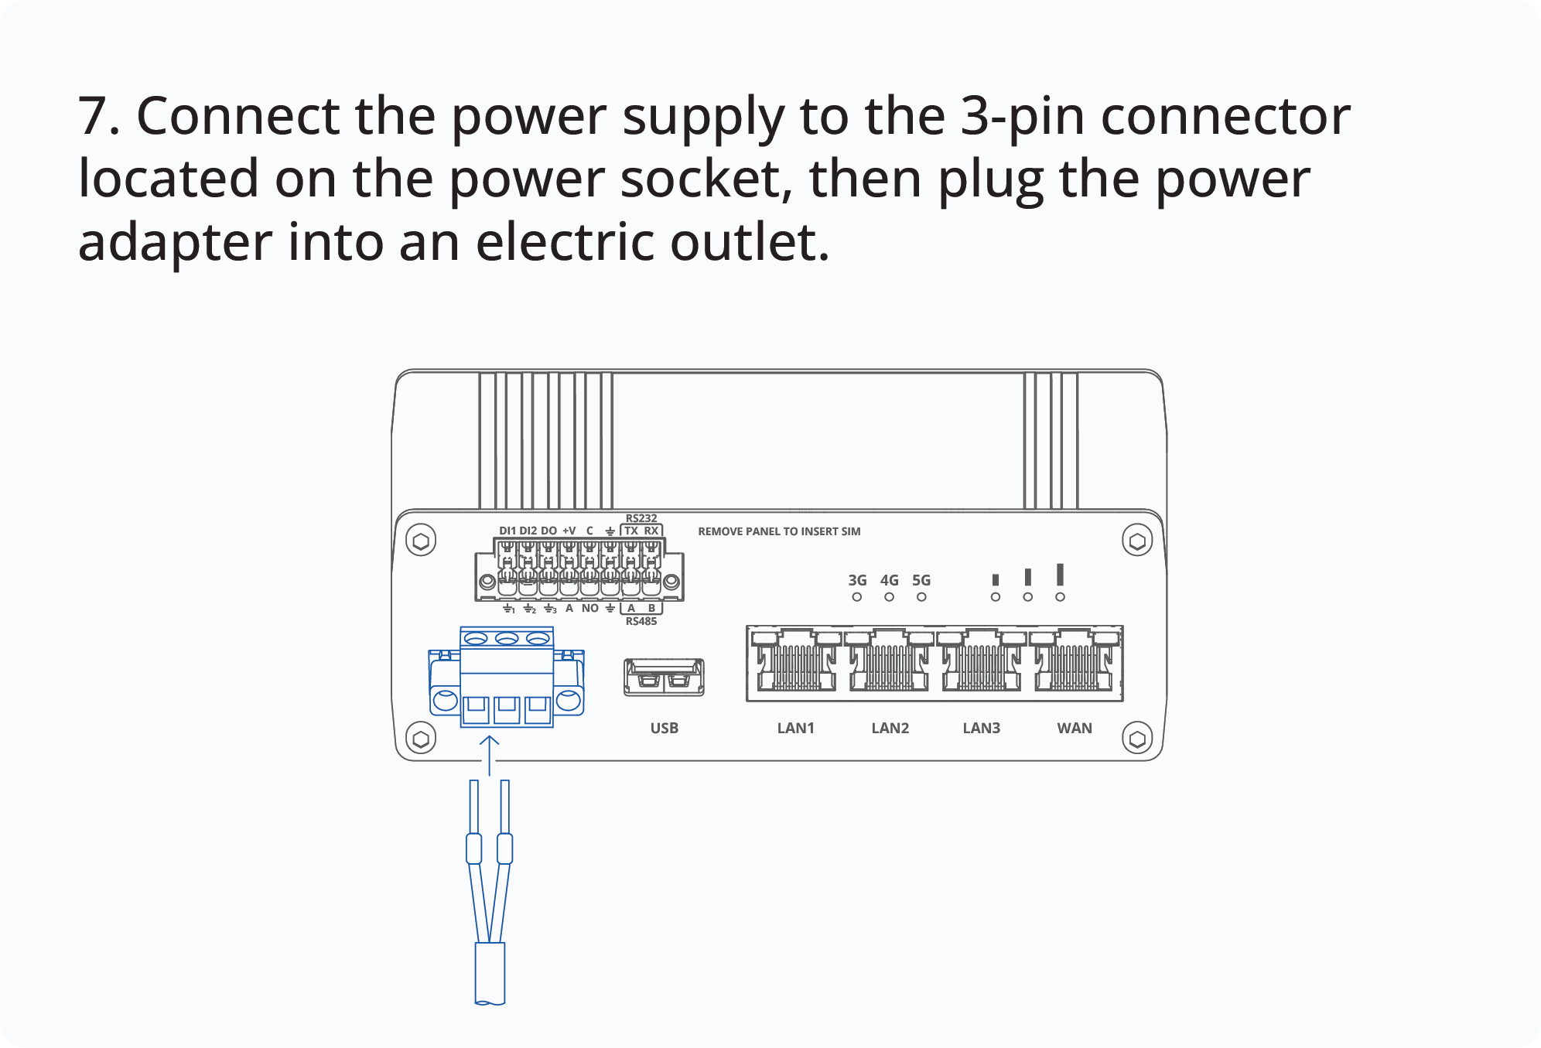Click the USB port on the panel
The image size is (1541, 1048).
tap(664, 678)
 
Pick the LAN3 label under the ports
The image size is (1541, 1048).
tap(981, 728)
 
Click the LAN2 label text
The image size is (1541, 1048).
tap(890, 728)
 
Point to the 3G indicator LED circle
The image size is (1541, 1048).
tap(856, 597)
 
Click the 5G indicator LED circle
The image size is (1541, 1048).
tap(921, 597)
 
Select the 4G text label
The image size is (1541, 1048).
tap(889, 580)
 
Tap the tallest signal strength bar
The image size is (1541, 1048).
tap(1060, 574)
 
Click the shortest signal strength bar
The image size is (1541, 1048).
tap(996, 579)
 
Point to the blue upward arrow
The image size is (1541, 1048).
tap(489, 754)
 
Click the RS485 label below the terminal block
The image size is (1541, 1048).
tap(641, 621)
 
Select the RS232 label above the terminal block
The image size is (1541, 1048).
tap(641, 518)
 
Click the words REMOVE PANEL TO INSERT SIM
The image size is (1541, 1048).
tap(779, 531)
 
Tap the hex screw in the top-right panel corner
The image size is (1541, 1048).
tap(1136, 541)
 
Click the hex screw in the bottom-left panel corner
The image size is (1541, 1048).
tap(421, 739)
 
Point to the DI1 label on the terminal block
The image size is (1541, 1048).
tap(507, 531)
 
